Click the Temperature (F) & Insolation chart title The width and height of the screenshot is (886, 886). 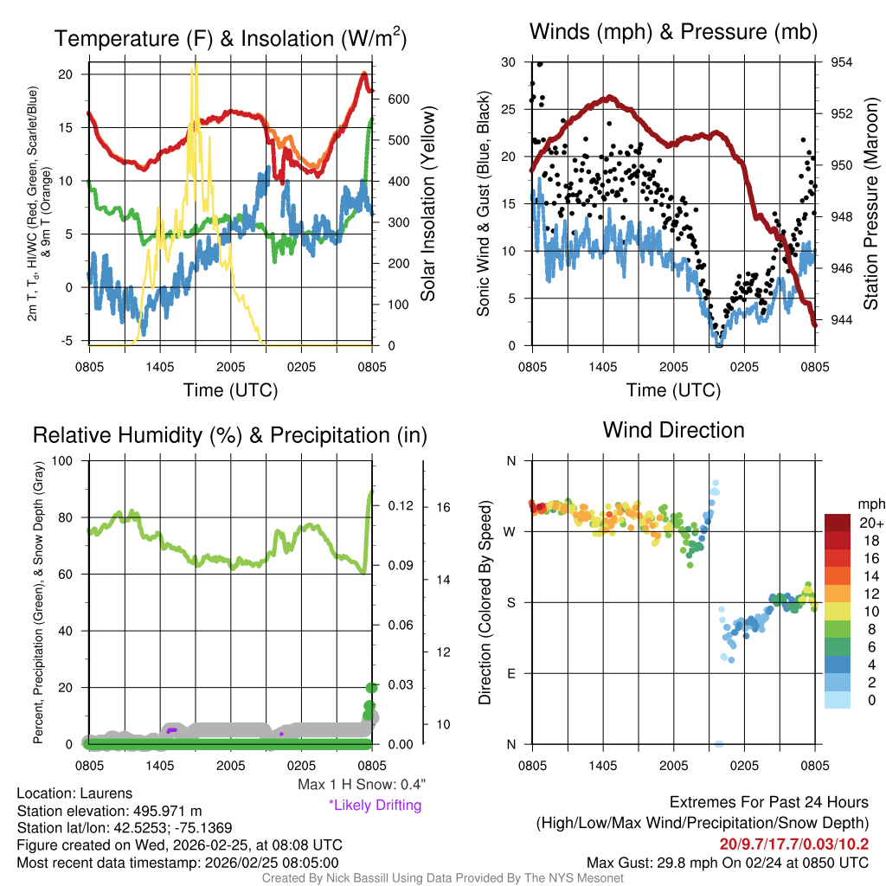pyautogui.click(x=230, y=39)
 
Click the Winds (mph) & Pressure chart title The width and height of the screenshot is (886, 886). pyautogui.click(x=673, y=32)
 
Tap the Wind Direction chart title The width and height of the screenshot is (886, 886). pyautogui.click(x=673, y=430)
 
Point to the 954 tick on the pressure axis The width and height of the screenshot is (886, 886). pyautogui.click(x=842, y=62)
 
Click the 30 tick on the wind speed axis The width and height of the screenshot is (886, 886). pyautogui.click(x=509, y=62)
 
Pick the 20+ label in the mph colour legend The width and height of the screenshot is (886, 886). pyautogui.click(x=871, y=523)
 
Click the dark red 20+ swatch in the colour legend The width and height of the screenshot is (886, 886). pyautogui.click(x=838, y=523)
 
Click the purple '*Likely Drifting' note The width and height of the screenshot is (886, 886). pyautogui.click(x=375, y=805)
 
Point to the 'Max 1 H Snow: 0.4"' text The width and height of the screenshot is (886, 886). pyautogui.click(x=361, y=785)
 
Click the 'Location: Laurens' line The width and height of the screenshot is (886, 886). pyautogui.click(x=75, y=793)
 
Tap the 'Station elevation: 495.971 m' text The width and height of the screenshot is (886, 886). pyautogui.click(x=109, y=811)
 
